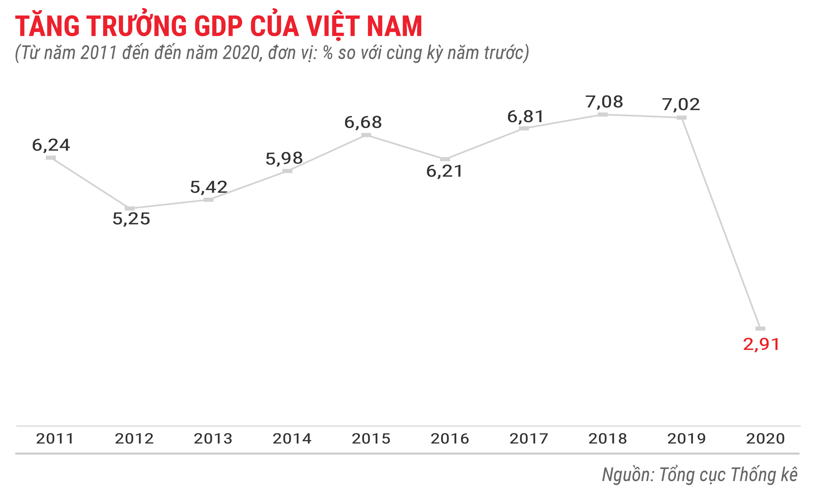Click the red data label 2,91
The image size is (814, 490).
pyautogui.click(x=761, y=344)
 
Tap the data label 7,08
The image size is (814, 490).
pyautogui.click(x=604, y=102)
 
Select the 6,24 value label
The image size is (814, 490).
pyautogui.click(x=51, y=145)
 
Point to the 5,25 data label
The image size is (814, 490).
pyautogui.click(x=132, y=219)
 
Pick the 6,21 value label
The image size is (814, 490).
pyautogui.click(x=445, y=171)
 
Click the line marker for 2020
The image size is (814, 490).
pyautogui.click(x=761, y=329)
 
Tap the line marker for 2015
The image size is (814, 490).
pyautogui.click(x=366, y=135)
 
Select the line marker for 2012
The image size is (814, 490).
pyautogui.click(x=130, y=208)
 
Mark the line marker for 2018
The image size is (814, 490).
pyautogui.click(x=603, y=114)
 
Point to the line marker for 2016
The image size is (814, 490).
pyautogui.click(x=445, y=159)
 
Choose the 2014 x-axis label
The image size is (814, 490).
pyautogui.click(x=292, y=439)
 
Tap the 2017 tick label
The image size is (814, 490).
pyautogui.click(x=529, y=439)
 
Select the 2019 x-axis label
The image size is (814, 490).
pyautogui.click(x=686, y=439)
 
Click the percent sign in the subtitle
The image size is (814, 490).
pyautogui.click(x=328, y=53)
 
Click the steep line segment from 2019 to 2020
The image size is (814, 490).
pyautogui.click(x=721, y=223)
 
